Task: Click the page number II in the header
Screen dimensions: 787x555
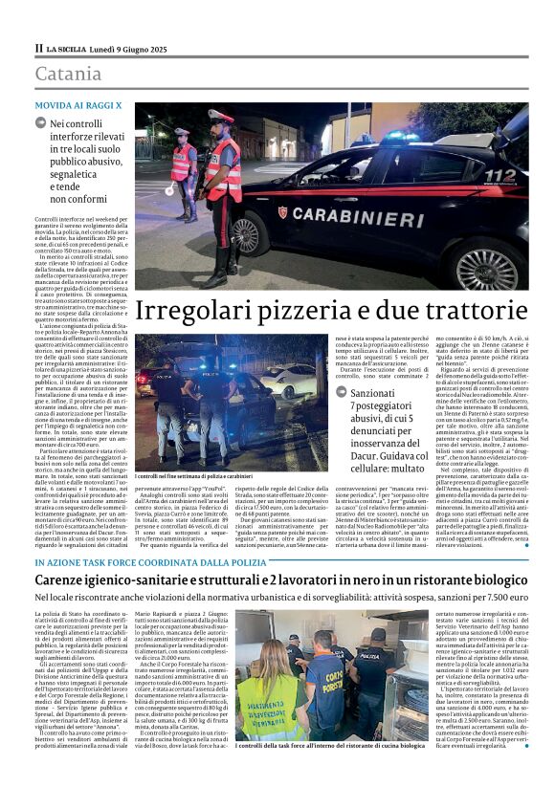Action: point(38,48)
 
